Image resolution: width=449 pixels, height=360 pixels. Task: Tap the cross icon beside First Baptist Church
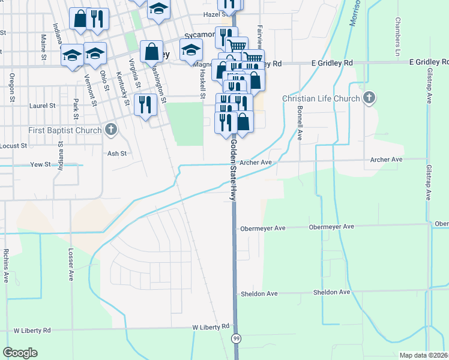click(110, 129)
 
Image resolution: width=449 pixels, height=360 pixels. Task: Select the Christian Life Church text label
click(321, 99)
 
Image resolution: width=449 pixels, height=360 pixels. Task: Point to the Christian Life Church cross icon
click(370, 98)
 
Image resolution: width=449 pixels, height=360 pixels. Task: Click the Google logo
click(20, 353)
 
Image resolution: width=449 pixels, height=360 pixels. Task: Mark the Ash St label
click(116, 154)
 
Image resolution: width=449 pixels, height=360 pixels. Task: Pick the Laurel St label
click(42, 106)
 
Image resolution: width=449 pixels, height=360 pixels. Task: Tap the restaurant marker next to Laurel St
click(145, 104)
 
